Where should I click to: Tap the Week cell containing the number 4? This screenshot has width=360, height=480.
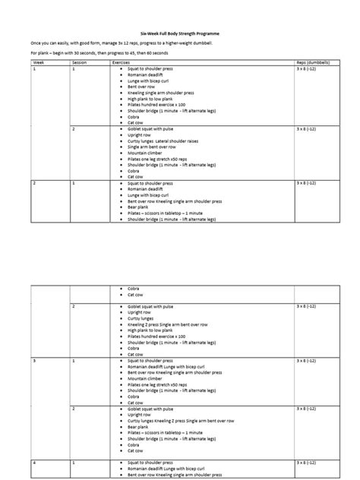pos(35,462)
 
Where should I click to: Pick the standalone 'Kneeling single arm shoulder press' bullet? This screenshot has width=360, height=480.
pos(161,91)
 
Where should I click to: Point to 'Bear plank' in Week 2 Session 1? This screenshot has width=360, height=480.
pos(136,207)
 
